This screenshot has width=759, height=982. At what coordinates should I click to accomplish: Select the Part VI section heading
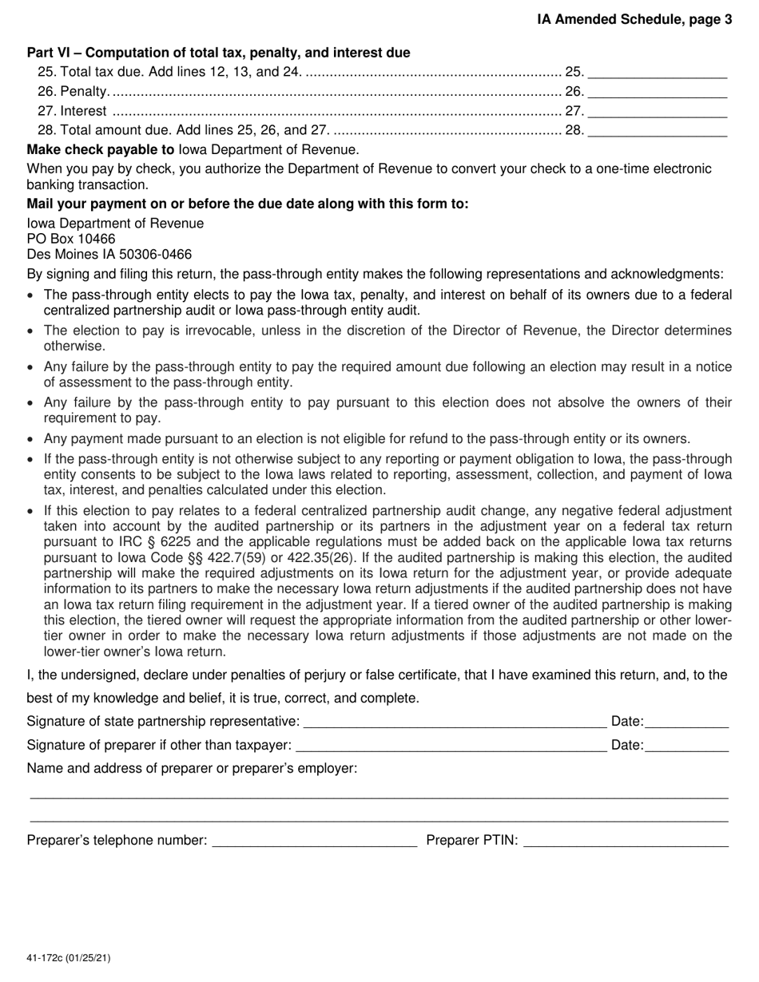point(218,53)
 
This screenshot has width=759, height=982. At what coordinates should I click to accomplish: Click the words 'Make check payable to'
point(101,149)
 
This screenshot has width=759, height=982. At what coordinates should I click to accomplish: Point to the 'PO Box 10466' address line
point(71,239)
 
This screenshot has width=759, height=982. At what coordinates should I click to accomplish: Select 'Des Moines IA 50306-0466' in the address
point(109,255)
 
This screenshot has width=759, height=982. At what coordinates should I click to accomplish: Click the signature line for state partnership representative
point(455,723)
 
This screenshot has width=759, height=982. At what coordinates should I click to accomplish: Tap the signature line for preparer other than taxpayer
point(451,746)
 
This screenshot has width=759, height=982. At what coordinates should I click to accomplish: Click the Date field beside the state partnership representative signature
point(686,723)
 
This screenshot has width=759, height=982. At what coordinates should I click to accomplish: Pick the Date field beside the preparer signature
point(686,746)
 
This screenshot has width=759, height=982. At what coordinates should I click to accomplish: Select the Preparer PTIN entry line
point(626,841)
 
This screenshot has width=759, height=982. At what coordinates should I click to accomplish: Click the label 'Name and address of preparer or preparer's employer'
point(192,769)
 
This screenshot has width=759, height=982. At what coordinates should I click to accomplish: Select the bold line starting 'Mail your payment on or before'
point(248,204)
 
